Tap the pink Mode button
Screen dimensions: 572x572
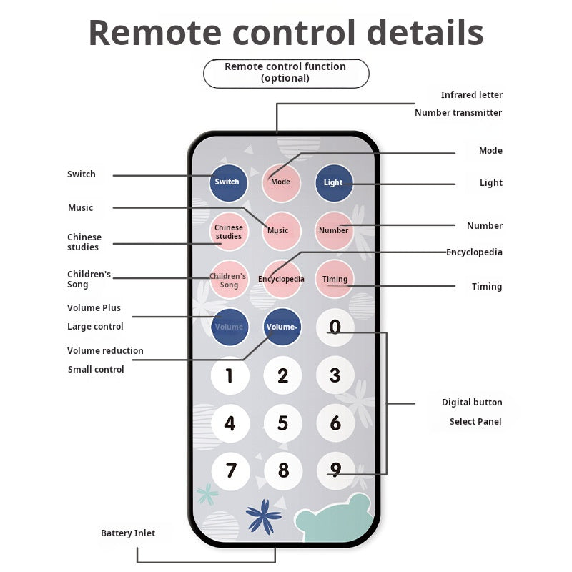tap(281, 182)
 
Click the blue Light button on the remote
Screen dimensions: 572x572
tap(334, 182)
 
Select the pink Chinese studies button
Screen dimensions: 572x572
tap(229, 232)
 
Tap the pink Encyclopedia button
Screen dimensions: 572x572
tap(282, 279)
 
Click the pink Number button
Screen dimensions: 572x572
tap(334, 230)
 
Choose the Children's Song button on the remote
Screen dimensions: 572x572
tap(229, 280)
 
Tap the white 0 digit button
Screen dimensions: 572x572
tap(335, 327)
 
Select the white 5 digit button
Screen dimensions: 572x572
tap(282, 423)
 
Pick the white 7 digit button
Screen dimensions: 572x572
tap(230, 471)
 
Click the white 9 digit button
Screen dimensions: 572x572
tap(335, 471)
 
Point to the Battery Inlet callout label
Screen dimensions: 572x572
tap(128, 533)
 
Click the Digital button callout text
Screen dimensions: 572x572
tap(472, 403)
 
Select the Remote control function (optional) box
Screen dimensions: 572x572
tap(285, 73)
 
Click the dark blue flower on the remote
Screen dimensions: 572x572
tap(263, 516)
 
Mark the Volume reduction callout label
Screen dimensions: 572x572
tap(105, 351)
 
